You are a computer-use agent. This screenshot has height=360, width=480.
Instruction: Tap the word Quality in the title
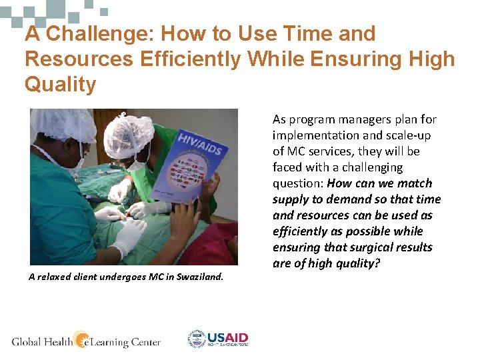[60, 85]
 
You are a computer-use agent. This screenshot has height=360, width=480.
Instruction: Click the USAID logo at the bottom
[218, 339]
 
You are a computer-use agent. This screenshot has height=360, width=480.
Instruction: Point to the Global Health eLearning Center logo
[87, 341]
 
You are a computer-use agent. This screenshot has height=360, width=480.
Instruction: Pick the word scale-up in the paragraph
[418, 135]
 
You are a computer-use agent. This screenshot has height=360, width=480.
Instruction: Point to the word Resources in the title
[79, 59]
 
